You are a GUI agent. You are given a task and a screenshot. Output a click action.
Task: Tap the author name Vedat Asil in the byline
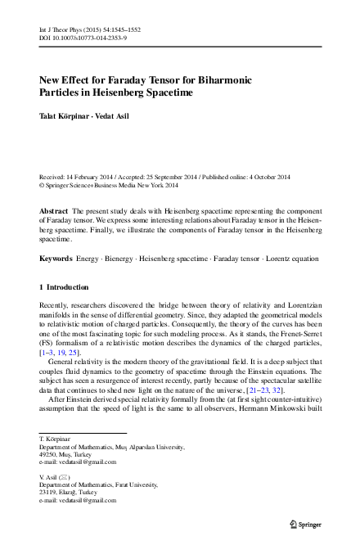tap(115, 117)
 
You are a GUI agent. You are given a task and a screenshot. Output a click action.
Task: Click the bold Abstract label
tap(54, 210)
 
